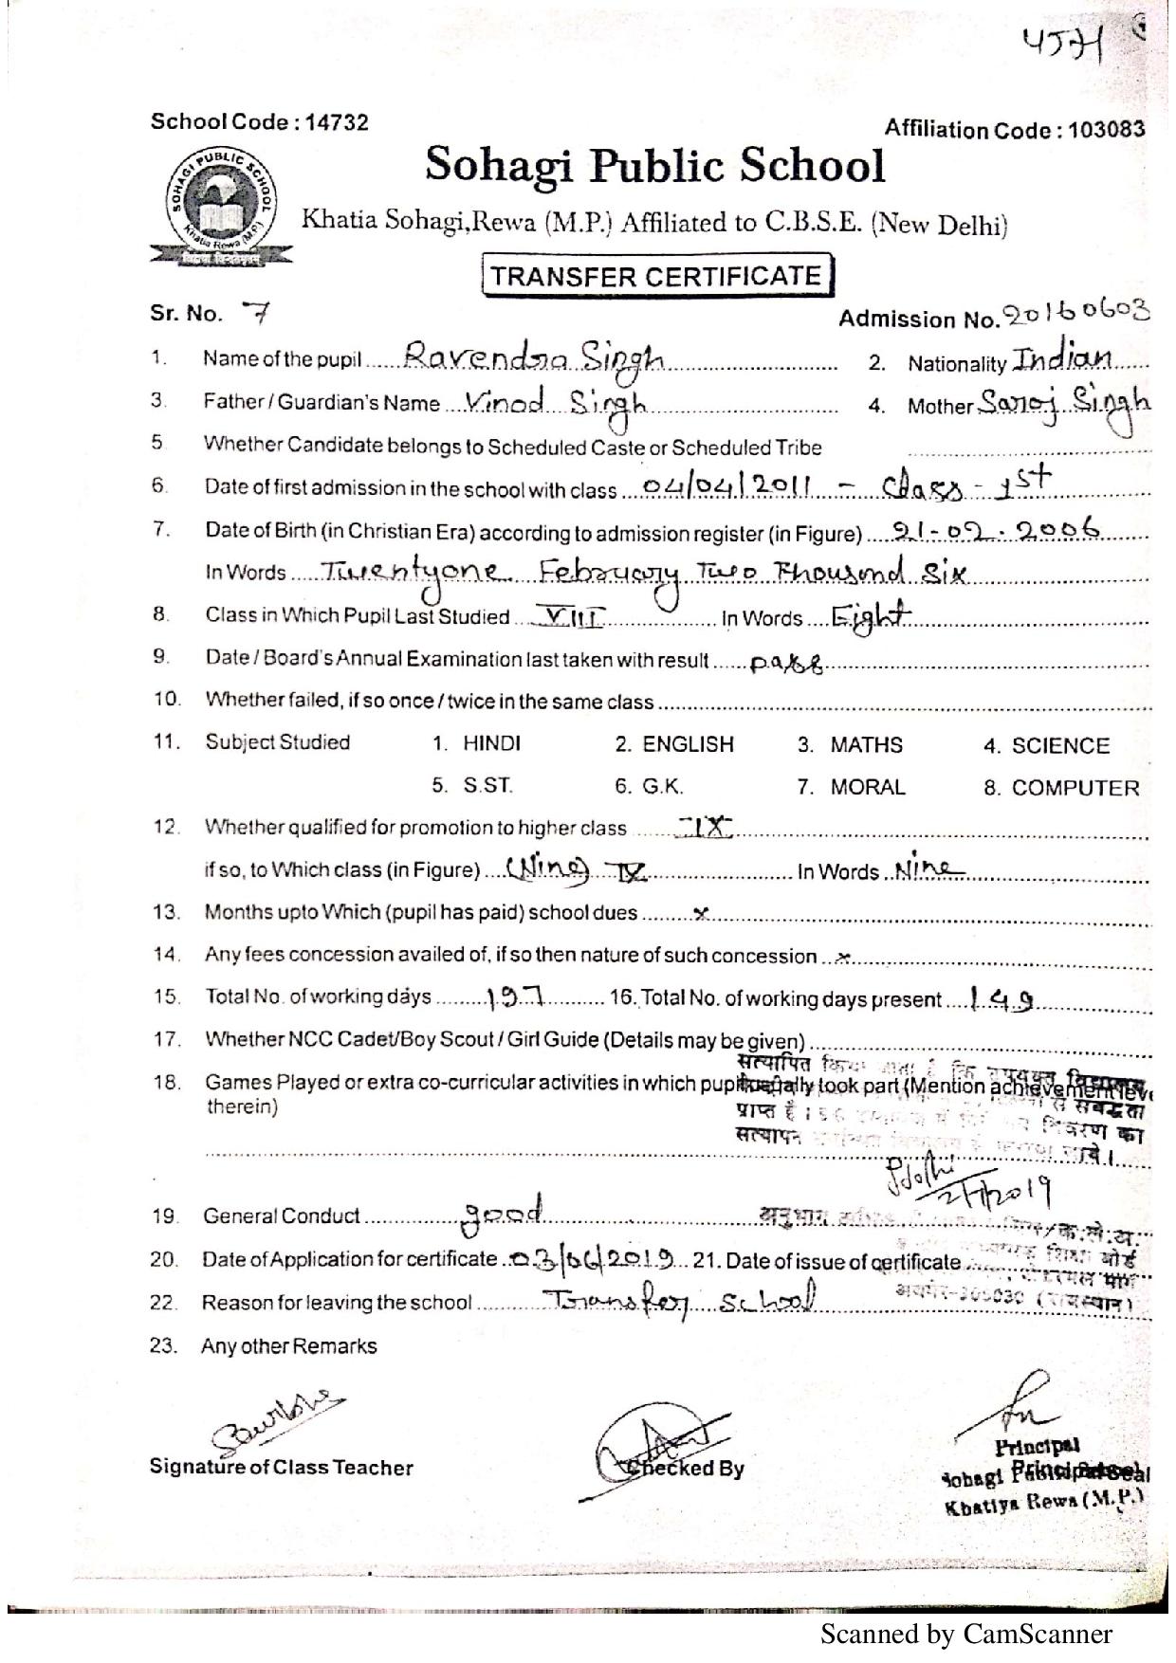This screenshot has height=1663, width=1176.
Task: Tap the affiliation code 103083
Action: (x=1106, y=130)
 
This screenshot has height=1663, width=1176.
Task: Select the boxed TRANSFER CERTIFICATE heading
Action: (x=656, y=276)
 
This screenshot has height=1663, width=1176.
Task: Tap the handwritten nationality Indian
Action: (x=1061, y=359)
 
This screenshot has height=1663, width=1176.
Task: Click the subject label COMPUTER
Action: (x=1075, y=788)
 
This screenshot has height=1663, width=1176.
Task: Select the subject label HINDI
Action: (x=491, y=743)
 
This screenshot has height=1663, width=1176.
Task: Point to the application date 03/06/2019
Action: (x=593, y=1259)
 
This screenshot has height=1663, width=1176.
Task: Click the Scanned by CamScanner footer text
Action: (x=965, y=1634)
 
